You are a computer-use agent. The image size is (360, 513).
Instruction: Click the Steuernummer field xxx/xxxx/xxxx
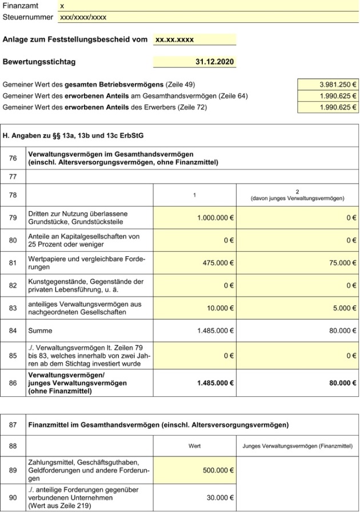point(83,17)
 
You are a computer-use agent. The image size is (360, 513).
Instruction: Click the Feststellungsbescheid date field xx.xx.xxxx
point(174,40)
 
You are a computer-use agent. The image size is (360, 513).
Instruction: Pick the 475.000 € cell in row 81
point(219,263)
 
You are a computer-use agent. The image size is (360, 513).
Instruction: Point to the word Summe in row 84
point(40,331)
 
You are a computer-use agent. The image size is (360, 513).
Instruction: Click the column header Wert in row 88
point(194,446)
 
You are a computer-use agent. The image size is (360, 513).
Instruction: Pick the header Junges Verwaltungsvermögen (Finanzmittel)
point(297,446)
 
